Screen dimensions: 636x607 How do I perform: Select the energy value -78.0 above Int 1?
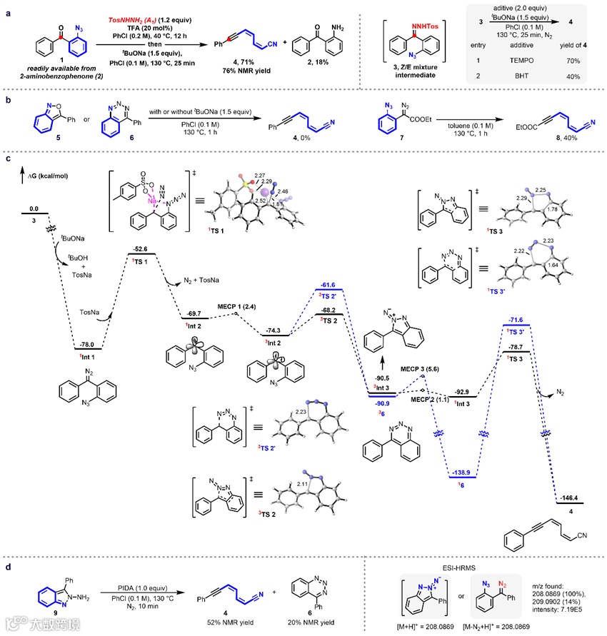(93, 343)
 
